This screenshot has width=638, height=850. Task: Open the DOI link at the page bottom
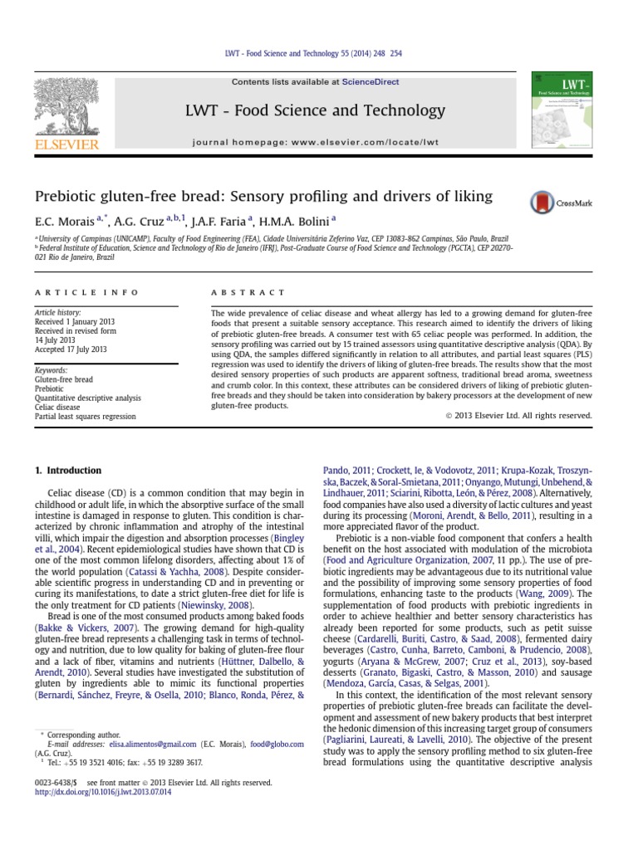coord(102,792)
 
